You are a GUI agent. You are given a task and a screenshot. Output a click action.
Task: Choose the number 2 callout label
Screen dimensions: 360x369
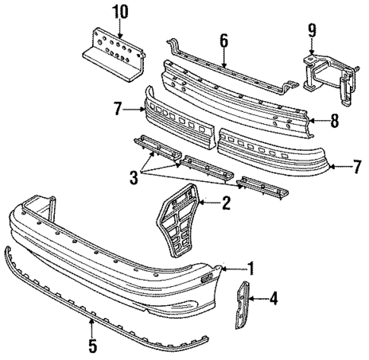point(225,202)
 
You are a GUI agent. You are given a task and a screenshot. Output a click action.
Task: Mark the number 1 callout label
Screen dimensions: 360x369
point(250,269)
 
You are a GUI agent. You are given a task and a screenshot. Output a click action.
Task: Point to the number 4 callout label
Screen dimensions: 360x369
point(273,299)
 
